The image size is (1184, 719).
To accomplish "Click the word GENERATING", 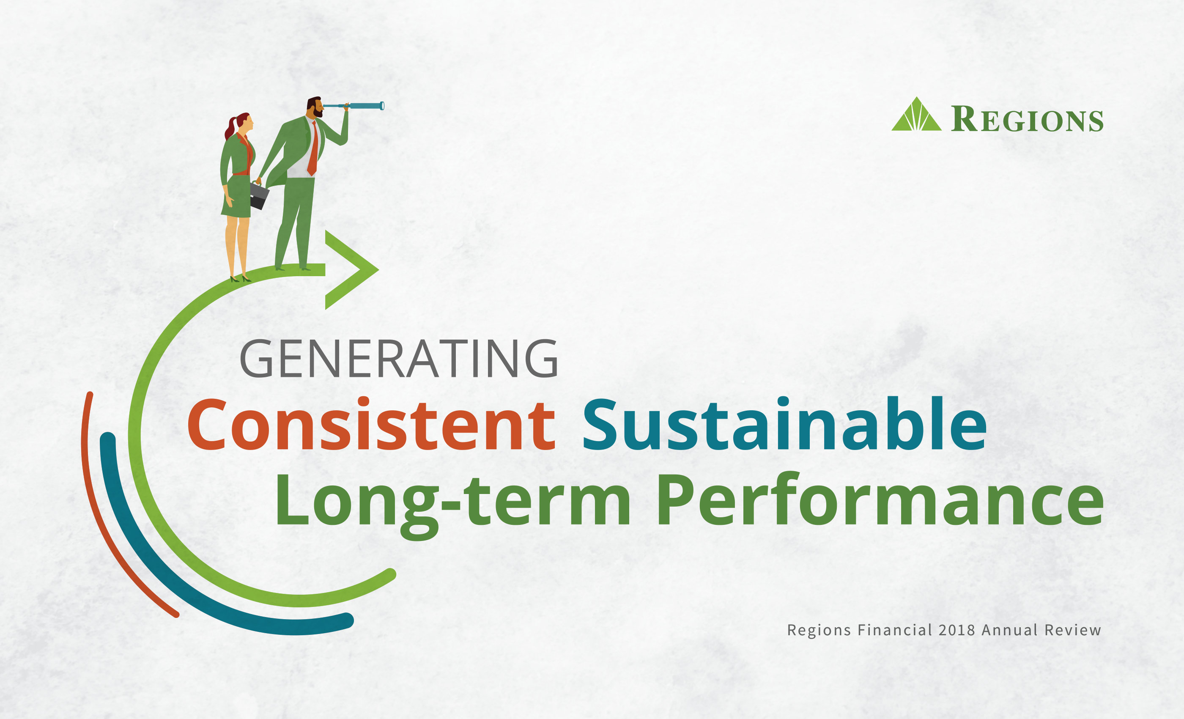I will click(x=398, y=359).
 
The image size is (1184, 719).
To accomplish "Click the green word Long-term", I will click(x=452, y=501).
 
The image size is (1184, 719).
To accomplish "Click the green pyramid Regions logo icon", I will click(x=916, y=116).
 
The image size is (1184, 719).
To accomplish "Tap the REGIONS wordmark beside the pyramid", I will click(x=1028, y=119).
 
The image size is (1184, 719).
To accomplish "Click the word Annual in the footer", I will click(x=1009, y=630).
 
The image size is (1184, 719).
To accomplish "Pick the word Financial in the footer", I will click(x=895, y=630).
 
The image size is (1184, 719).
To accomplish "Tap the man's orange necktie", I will click(x=313, y=149).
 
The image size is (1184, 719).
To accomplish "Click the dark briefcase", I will click(x=258, y=195).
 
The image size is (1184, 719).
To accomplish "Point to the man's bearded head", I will click(x=315, y=107).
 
